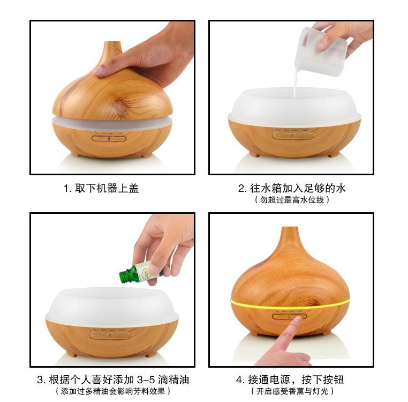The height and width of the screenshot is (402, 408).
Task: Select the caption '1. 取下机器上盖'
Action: coord(101,189)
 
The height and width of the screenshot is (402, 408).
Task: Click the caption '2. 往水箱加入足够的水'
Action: coord(292,189)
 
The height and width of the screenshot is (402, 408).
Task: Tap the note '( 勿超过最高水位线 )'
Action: coord(292,200)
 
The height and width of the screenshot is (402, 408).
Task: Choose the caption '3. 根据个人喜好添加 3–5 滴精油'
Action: coord(113,379)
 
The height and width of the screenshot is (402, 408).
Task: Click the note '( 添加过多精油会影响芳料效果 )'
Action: coord(113,391)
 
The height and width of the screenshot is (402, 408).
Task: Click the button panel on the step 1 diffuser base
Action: coord(109,138)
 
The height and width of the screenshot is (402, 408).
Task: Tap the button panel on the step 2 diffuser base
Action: coord(290,136)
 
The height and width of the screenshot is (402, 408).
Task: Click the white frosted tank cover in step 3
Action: coord(111,306)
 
